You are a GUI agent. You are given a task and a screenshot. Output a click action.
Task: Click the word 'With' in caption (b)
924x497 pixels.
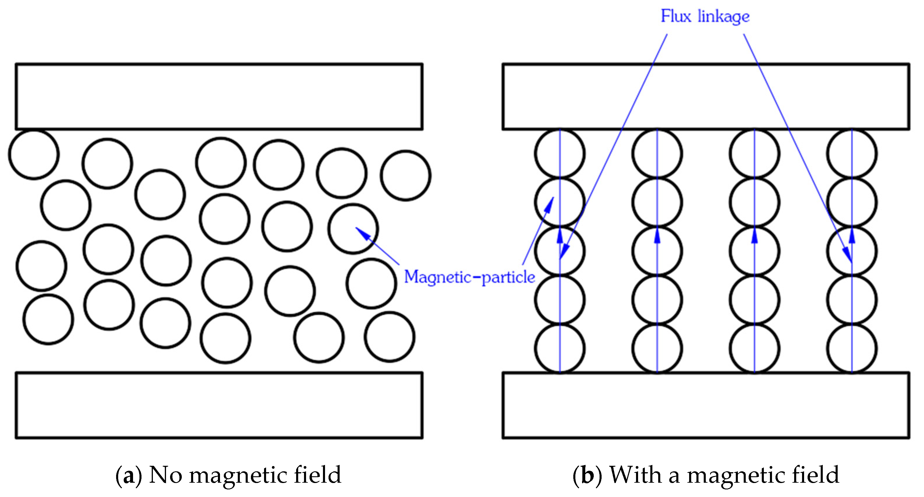tap(635, 475)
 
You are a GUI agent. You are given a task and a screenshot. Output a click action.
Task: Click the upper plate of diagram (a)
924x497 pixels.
tap(219, 96)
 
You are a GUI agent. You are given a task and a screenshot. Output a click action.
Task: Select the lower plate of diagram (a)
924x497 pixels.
tap(219, 405)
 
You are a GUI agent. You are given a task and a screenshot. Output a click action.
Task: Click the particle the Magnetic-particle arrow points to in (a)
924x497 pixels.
tap(353, 229)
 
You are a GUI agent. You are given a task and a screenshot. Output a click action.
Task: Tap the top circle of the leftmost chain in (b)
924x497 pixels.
tap(560, 153)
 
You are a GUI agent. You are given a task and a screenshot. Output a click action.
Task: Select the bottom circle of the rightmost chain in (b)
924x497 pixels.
tap(852, 349)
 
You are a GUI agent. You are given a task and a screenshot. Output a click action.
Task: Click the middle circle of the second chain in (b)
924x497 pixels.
tap(657, 251)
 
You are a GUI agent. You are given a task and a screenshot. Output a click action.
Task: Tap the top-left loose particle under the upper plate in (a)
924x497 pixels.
tap(34, 154)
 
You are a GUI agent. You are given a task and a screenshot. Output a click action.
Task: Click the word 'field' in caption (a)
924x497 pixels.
tap(317, 475)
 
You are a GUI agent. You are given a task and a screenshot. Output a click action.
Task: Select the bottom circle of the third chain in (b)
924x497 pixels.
tap(754, 349)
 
